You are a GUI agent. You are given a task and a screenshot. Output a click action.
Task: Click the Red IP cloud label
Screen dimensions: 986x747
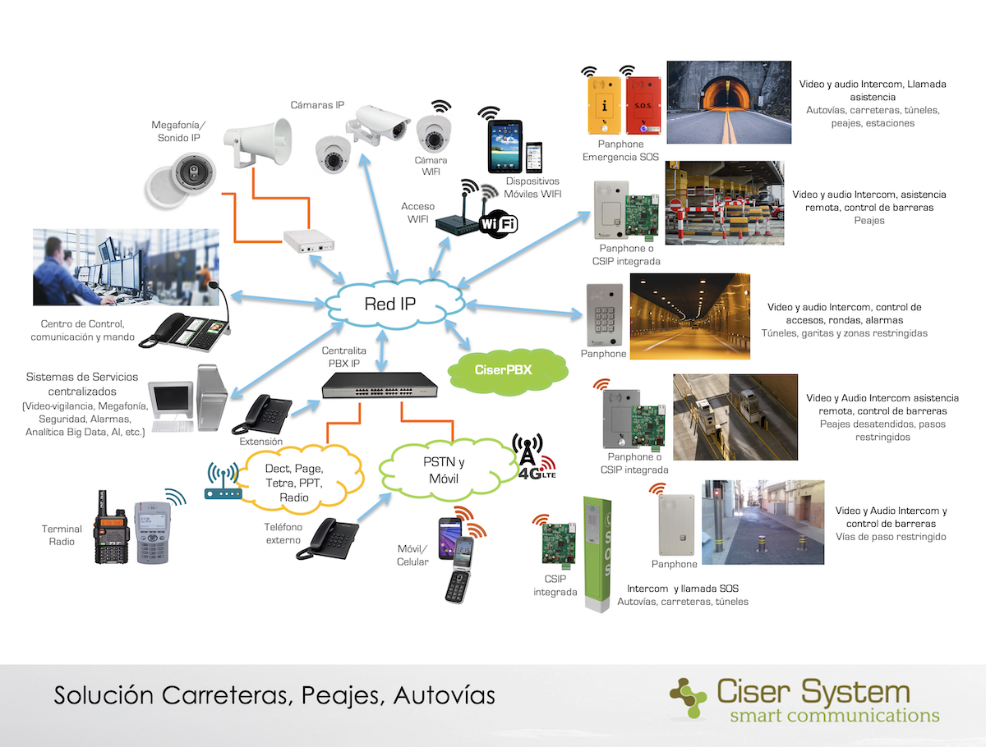pyautogui.click(x=390, y=304)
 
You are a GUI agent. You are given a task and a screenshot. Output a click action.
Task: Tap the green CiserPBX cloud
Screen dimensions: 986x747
pyautogui.click(x=508, y=370)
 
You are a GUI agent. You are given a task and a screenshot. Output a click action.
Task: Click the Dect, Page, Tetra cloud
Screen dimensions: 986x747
pyautogui.click(x=297, y=479)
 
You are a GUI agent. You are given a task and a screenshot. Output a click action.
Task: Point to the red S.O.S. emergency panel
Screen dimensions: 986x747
pyautogui.click(x=643, y=105)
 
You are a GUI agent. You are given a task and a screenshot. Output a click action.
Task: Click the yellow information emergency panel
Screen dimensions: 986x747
pyautogui.click(x=605, y=105)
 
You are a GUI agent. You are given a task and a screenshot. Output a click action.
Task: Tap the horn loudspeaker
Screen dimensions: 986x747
pyautogui.click(x=258, y=141)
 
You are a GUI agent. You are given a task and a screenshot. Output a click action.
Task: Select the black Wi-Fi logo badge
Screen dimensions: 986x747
pyautogui.click(x=499, y=223)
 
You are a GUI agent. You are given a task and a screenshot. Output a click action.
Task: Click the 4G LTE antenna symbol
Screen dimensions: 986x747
pyautogui.click(x=533, y=456)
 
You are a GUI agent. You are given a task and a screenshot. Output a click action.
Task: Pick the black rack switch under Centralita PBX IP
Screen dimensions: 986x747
pyautogui.click(x=380, y=385)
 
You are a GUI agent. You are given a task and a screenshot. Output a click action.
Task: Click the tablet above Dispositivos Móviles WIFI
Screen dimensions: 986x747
pyautogui.click(x=505, y=146)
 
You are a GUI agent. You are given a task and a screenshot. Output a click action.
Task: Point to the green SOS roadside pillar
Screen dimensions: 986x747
pyautogui.click(x=597, y=554)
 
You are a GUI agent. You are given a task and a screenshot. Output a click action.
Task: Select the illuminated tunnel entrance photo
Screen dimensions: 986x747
pyautogui.click(x=729, y=103)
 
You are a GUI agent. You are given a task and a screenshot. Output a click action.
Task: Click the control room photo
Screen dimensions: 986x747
pyautogui.click(x=126, y=267)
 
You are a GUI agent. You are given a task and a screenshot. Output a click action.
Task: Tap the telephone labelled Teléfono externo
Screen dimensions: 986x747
pyautogui.click(x=328, y=538)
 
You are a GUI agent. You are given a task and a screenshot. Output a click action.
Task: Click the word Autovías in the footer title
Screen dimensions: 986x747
pyautogui.click(x=444, y=695)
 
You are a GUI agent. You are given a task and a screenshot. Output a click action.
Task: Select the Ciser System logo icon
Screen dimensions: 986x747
pyautogui.click(x=688, y=698)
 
